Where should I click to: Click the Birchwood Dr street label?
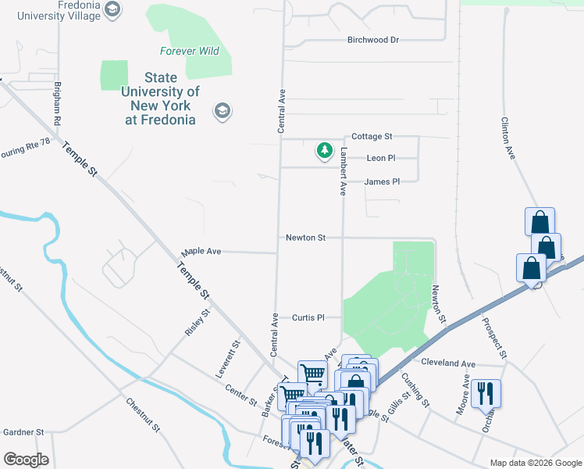pos(373,40)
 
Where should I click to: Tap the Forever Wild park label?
pos(190,52)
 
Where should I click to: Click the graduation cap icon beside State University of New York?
pos(222,111)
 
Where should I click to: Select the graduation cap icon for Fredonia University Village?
pos(112,10)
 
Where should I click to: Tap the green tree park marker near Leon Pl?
pos(324,150)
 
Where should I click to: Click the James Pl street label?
pos(382,181)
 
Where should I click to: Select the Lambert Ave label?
pos(342,170)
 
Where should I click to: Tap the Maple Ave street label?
pos(202,252)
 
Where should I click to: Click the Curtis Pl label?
pos(308,317)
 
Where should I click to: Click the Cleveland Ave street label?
pos(448,363)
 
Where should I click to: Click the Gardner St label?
pos(23,431)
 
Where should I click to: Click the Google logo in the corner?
pos(26,460)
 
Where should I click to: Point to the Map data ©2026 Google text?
pos(535,463)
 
